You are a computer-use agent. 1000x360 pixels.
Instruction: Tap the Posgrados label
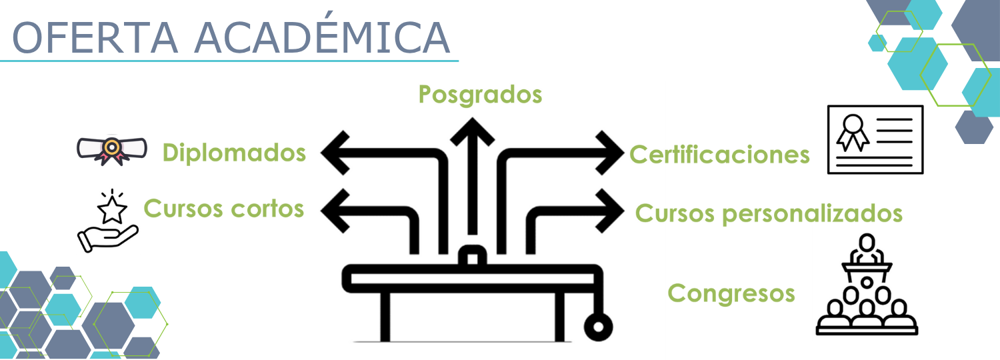(x=480, y=95)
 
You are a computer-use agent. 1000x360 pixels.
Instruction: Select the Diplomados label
(x=234, y=153)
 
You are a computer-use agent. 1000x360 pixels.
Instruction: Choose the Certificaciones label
(x=719, y=155)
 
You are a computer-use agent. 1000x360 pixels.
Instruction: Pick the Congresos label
(x=731, y=293)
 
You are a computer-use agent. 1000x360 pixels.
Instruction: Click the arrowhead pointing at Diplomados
(x=333, y=153)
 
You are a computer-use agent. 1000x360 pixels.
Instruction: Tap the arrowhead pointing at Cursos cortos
(x=333, y=210)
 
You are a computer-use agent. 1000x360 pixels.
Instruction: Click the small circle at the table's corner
(x=597, y=326)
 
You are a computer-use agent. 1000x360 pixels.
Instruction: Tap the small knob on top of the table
(x=472, y=257)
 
